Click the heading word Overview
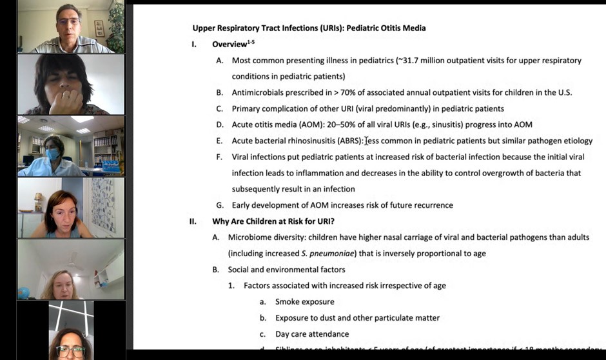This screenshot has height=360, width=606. [229, 45]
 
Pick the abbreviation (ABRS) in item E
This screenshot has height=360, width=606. [345, 141]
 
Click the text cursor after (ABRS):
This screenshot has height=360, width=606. [366, 141]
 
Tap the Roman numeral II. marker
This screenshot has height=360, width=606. [193, 221]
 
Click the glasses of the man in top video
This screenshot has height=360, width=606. [67, 21]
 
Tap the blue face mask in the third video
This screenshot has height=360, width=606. [52, 154]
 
